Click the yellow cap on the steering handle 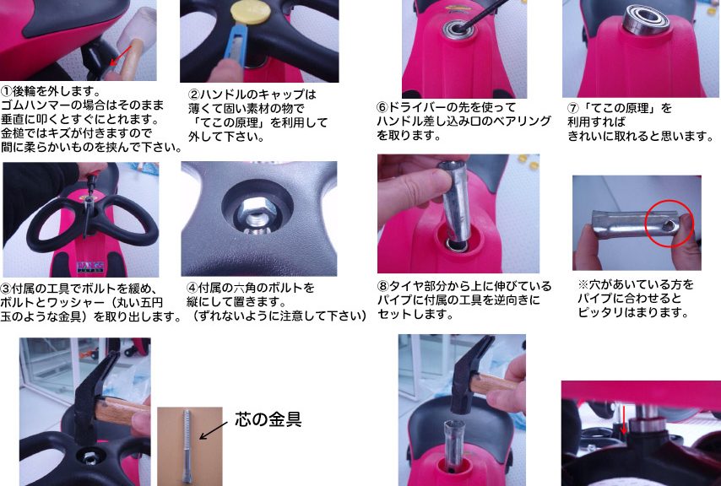250,12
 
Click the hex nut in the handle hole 257,212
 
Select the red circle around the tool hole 669,224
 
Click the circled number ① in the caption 6,90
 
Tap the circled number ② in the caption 193,94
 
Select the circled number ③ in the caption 6,289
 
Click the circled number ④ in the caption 192,288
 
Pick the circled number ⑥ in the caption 382,107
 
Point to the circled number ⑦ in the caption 573,108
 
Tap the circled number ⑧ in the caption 383,287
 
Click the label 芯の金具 268,419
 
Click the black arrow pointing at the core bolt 213,430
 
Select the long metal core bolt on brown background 187,445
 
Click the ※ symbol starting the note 583,285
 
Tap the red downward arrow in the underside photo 624,418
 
